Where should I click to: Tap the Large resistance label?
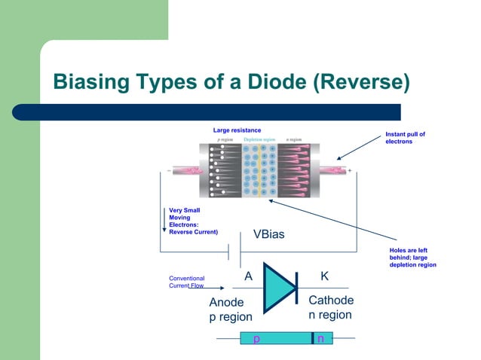(x=237, y=131)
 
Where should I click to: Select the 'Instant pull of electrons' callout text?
(x=405, y=138)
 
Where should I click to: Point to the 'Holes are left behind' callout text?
(x=412, y=258)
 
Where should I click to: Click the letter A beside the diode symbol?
(x=248, y=276)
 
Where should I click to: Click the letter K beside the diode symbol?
(x=324, y=276)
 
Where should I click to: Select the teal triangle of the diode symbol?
(x=276, y=288)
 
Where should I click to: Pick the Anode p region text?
(x=230, y=310)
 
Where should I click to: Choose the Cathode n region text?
(x=330, y=307)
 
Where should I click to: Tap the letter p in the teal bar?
(x=256, y=340)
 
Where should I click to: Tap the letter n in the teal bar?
(x=321, y=340)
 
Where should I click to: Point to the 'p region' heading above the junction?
(x=225, y=139)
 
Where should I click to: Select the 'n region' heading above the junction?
(x=294, y=139)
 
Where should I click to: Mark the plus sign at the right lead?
(x=349, y=171)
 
